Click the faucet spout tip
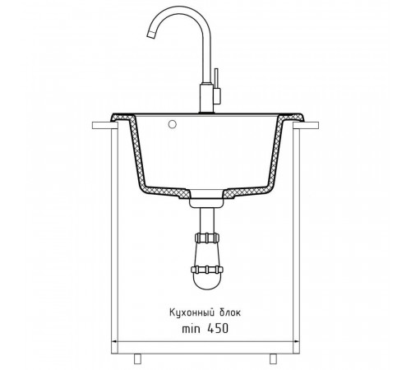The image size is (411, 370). coord(151,35)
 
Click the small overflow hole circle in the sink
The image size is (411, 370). coord(173,124)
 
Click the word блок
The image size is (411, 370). coord(230,312)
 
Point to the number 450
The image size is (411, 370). coord(218,328)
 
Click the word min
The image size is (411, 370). coord(191,329)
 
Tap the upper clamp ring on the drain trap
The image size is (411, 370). coord(207,238)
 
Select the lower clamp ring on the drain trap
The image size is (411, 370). coord(207,270)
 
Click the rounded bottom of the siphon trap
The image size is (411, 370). coord(207,284)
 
